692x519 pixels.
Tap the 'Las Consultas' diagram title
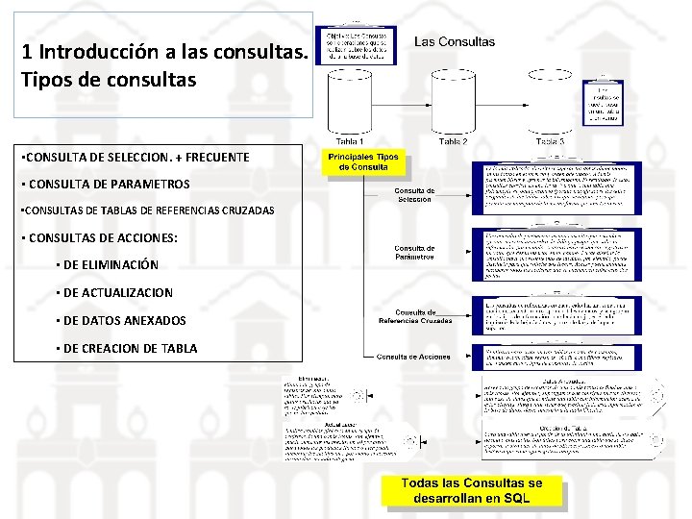tap(455, 42)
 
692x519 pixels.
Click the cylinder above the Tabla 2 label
tap(453, 96)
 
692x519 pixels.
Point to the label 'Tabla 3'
tap(548, 141)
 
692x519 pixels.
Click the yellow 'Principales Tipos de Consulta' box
tap(363, 162)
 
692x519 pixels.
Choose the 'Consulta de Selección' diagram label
tap(414, 195)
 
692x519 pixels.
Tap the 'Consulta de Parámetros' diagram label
tap(414, 253)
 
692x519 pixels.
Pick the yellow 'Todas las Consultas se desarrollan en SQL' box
tap(471, 490)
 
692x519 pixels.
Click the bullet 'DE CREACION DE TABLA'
tap(130, 348)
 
